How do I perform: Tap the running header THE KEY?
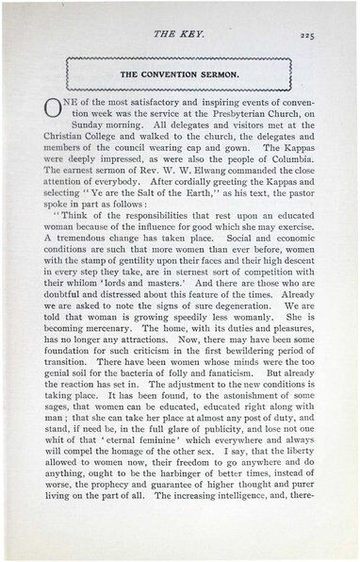point(180,35)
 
